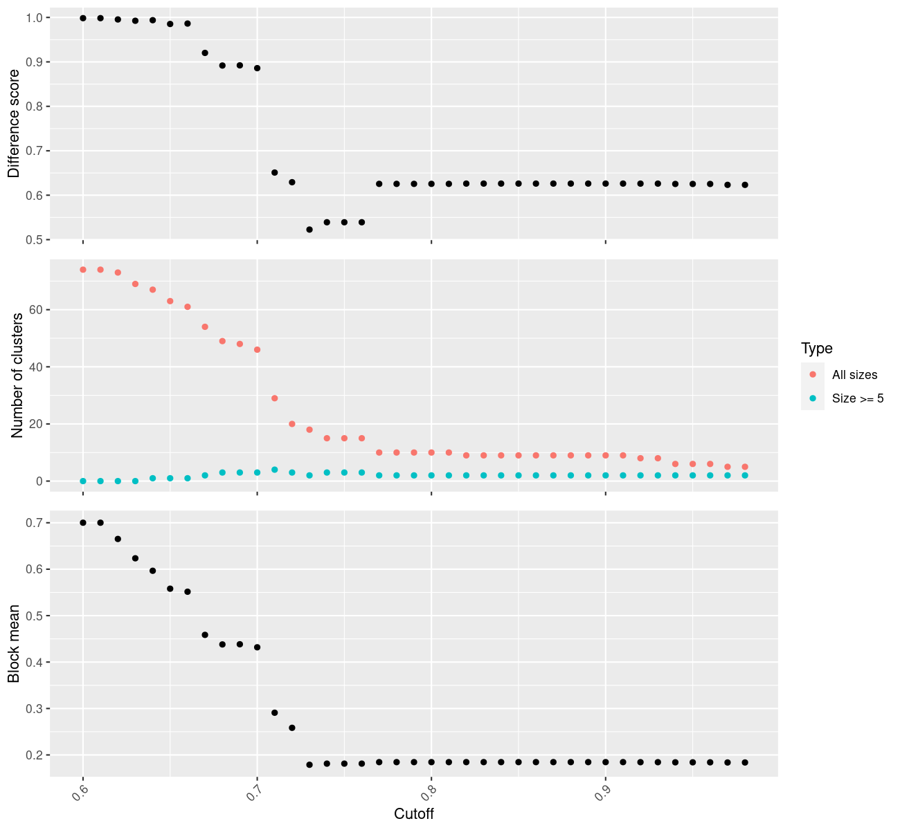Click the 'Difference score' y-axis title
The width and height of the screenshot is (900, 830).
(x=15, y=123)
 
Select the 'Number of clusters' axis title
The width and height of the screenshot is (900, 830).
(x=17, y=376)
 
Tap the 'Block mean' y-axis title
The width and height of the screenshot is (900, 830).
(x=15, y=643)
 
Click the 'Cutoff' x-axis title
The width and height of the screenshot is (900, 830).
(x=414, y=814)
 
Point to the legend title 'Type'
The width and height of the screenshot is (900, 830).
(x=816, y=348)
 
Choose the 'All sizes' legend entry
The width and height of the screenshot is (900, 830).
(x=854, y=375)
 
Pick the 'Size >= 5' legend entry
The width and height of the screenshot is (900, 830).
(x=858, y=398)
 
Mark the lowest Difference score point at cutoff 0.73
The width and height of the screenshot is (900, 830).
(x=309, y=230)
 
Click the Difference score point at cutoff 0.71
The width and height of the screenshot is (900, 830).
(x=274, y=172)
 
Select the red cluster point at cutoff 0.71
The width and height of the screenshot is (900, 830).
(x=274, y=398)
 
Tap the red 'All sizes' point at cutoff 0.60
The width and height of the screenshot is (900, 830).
(x=83, y=270)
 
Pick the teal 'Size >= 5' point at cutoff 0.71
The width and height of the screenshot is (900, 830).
(x=274, y=470)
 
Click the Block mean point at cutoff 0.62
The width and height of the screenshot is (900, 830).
(x=118, y=539)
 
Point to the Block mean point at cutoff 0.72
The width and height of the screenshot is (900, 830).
(x=292, y=728)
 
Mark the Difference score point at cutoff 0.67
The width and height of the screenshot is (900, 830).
(x=205, y=53)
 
